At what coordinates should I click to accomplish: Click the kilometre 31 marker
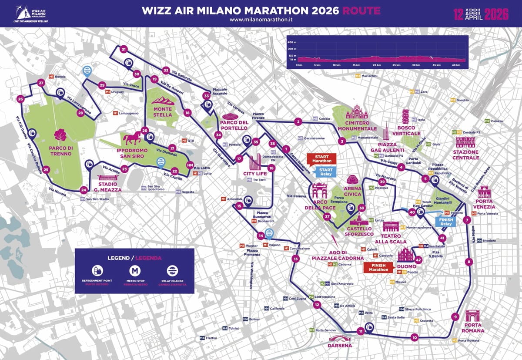(124, 50)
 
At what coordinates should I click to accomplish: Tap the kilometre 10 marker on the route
(414, 337)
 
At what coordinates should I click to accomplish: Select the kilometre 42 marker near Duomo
(418, 260)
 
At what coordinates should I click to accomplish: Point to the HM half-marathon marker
(190, 165)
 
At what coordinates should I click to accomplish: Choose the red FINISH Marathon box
(379, 267)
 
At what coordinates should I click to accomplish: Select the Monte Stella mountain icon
(164, 101)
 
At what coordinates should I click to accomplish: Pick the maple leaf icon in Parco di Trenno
(60, 135)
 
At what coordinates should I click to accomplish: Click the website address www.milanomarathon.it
(261, 20)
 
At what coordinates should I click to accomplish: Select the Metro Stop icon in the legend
(136, 270)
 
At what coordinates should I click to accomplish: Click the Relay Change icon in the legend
(173, 270)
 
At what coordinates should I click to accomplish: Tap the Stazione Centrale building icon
(465, 142)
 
